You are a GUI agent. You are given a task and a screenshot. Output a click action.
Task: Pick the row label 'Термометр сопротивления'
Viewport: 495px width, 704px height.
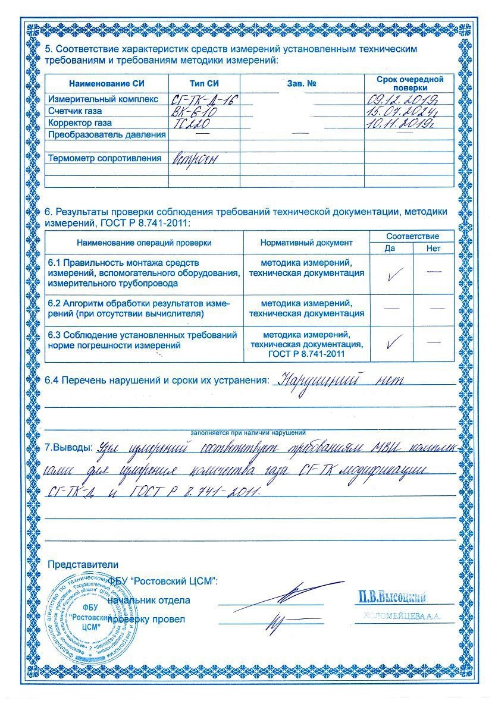[x=105, y=158]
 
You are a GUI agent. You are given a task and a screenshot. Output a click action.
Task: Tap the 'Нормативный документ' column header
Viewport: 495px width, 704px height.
[x=306, y=243]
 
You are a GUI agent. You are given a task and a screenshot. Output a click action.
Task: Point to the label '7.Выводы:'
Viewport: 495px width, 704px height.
[x=70, y=447]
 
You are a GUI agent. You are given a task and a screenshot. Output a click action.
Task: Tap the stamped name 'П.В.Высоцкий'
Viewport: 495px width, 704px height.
[x=392, y=596]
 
